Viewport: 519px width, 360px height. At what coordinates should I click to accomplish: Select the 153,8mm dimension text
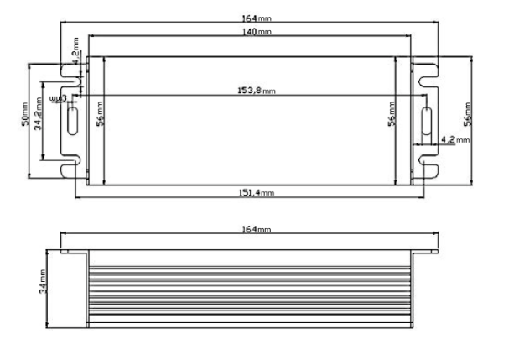(x=257, y=90)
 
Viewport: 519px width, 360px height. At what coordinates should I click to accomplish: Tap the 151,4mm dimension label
(x=257, y=192)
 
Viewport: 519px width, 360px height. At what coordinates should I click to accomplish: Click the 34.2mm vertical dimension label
(x=39, y=118)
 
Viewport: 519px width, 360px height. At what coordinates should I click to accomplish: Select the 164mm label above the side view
(x=257, y=229)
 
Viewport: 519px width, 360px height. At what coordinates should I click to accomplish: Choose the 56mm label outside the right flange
(x=468, y=113)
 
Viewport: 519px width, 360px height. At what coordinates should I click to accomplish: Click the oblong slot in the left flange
(x=73, y=119)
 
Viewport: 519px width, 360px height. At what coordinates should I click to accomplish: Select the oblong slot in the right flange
(x=427, y=119)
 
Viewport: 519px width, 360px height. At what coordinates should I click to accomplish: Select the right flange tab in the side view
(x=428, y=249)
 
